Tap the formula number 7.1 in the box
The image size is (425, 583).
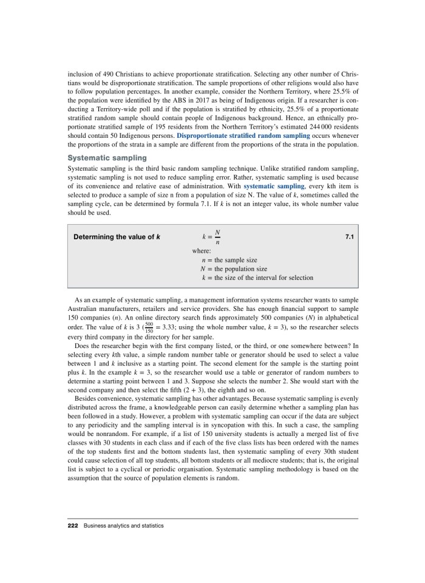348,236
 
